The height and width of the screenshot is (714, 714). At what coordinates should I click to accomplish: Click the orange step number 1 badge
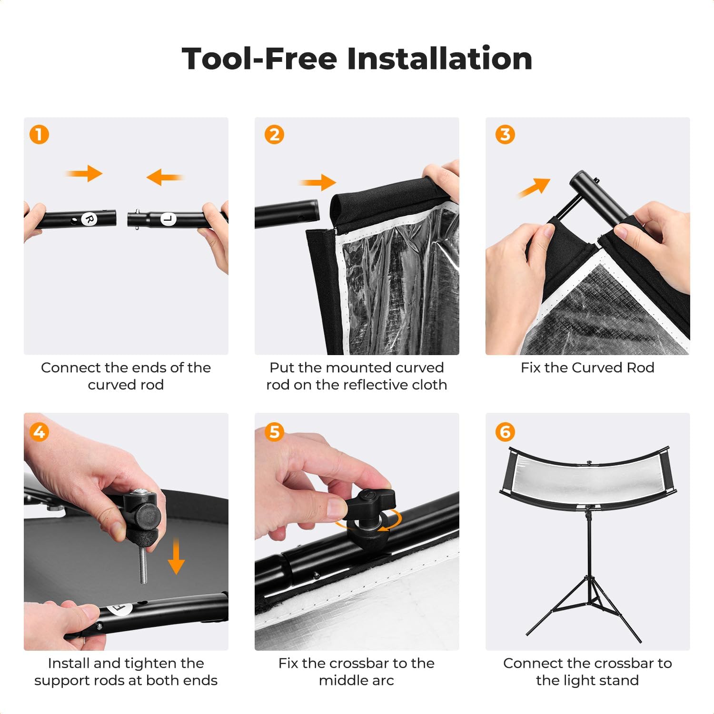39,135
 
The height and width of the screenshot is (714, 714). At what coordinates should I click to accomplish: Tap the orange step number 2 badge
274,135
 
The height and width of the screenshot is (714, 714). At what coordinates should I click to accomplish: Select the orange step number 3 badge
505,135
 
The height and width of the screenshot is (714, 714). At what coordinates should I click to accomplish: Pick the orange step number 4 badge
39,432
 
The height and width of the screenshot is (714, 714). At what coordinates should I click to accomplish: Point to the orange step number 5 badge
274,432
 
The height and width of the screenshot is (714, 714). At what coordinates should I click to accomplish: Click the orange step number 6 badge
505,432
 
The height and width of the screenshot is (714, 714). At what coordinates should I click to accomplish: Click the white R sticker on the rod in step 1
89,219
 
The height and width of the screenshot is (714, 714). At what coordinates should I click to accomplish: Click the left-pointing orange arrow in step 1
165,178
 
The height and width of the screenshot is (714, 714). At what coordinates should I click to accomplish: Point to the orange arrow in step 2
317,182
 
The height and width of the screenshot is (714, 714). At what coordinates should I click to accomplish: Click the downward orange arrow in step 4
176,556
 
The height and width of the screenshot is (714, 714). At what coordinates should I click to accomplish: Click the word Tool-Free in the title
259,59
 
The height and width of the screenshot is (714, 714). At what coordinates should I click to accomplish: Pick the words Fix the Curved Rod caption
587,367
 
